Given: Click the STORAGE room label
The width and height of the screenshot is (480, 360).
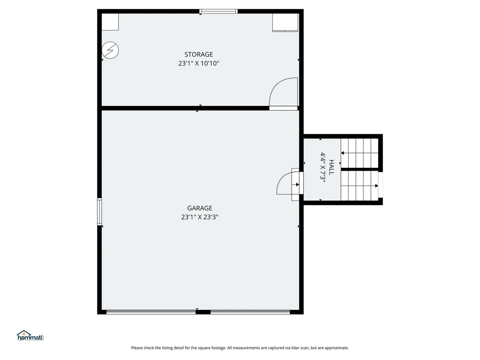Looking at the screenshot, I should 199,54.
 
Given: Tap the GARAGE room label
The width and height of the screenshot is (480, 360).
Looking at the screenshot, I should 200,208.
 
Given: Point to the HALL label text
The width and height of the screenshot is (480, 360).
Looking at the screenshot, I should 331,167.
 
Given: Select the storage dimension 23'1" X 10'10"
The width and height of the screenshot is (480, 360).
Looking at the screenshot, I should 199,63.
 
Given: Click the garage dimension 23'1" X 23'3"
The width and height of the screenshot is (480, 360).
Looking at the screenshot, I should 200,217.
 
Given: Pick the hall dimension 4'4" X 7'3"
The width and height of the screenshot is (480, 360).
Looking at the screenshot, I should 323,167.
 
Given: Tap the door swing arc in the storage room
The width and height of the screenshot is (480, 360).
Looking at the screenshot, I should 283,92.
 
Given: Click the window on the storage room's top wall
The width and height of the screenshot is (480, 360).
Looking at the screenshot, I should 218,11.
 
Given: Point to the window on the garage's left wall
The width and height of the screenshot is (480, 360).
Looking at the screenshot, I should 99,212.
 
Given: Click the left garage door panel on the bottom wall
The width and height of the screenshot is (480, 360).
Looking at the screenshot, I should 151,312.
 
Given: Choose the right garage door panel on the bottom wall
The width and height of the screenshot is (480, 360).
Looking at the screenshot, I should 250,312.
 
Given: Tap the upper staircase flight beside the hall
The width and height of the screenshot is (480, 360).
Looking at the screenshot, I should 360,152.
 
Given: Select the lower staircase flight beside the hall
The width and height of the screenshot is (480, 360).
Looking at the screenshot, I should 360,186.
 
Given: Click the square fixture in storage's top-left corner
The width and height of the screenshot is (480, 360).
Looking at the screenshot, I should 110,22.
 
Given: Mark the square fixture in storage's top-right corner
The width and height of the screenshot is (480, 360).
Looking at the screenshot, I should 285,22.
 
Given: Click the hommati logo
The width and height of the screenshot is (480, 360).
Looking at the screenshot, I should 30,336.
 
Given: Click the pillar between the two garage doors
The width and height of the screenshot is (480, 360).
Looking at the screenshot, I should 203,312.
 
